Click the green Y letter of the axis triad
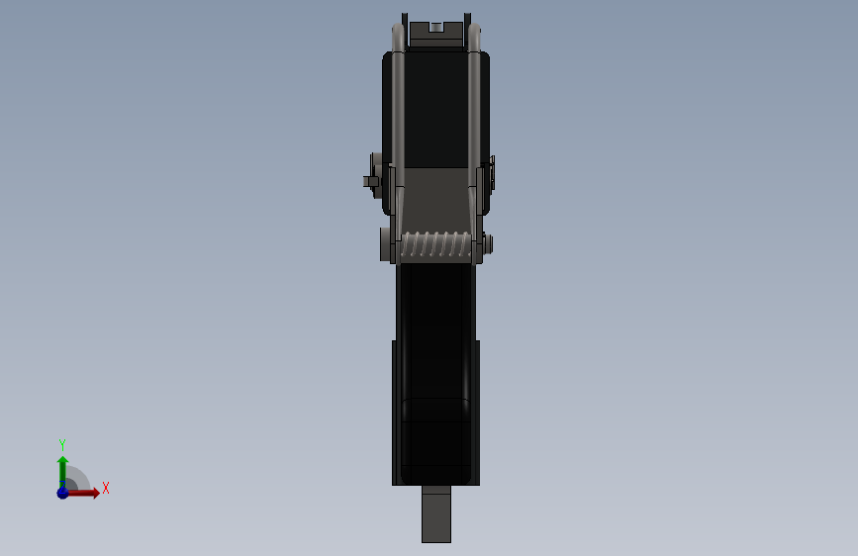coord(61,444)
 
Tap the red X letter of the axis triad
coord(105,488)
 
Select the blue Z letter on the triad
coord(61,484)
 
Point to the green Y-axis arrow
coord(62,469)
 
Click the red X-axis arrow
coord(85,493)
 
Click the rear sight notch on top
coord(435,28)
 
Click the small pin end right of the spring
coord(488,243)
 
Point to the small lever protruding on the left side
coord(371,181)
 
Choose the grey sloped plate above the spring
coord(436,198)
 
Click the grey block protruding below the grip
coord(435,513)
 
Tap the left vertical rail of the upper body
coord(398,109)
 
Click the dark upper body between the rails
coord(436,109)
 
